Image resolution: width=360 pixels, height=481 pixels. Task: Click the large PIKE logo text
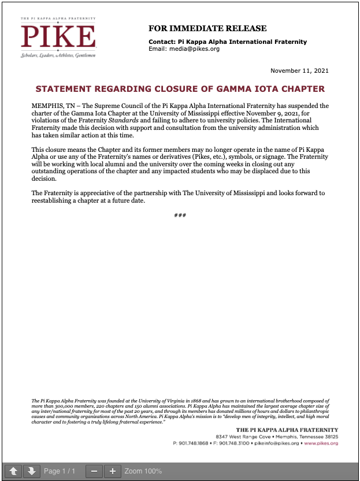(x=58, y=36)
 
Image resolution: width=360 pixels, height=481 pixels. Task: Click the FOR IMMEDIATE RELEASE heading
(x=207, y=28)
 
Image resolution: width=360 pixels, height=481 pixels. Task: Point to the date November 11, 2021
(x=299, y=70)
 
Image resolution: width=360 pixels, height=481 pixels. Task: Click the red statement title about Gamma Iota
(x=180, y=89)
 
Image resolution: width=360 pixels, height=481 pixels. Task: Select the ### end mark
(x=180, y=215)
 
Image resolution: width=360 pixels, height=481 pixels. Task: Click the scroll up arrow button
(x=14, y=471)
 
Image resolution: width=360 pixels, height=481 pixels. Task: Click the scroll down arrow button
(x=32, y=471)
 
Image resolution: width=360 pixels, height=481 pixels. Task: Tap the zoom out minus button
(x=94, y=471)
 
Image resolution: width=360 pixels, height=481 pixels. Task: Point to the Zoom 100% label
(x=143, y=471)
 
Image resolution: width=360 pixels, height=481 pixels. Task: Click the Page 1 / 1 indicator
(x=60, y=471)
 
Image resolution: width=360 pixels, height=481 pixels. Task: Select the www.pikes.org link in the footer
(x=321, y=443)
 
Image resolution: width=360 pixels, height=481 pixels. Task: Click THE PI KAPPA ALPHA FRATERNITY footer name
(x=287, y=430)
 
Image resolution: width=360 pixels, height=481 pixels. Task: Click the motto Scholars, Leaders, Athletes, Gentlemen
(x=58, y=55)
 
